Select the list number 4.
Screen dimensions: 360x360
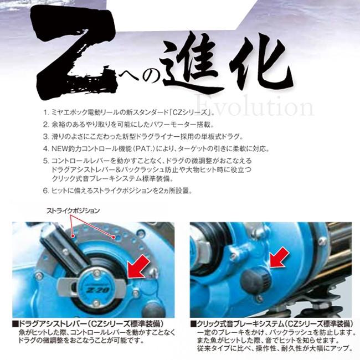46,149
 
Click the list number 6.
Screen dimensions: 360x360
46,190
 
